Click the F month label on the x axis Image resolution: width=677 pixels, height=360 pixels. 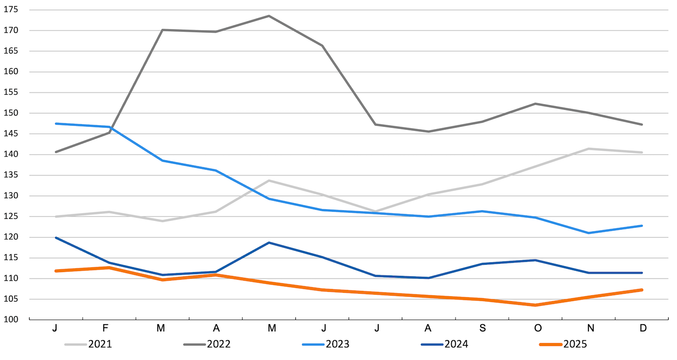point(106,329)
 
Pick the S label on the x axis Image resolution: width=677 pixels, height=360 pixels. point(483,329)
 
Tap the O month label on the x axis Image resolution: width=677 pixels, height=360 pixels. point(538,329)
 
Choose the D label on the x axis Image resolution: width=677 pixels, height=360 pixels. point(643,329)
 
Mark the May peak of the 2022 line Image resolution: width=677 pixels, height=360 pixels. point(269,16)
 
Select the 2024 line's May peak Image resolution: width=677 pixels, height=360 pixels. point(269,243)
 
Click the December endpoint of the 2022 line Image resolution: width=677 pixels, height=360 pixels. point(642,125)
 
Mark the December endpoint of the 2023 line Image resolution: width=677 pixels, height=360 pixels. point(642,226)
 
